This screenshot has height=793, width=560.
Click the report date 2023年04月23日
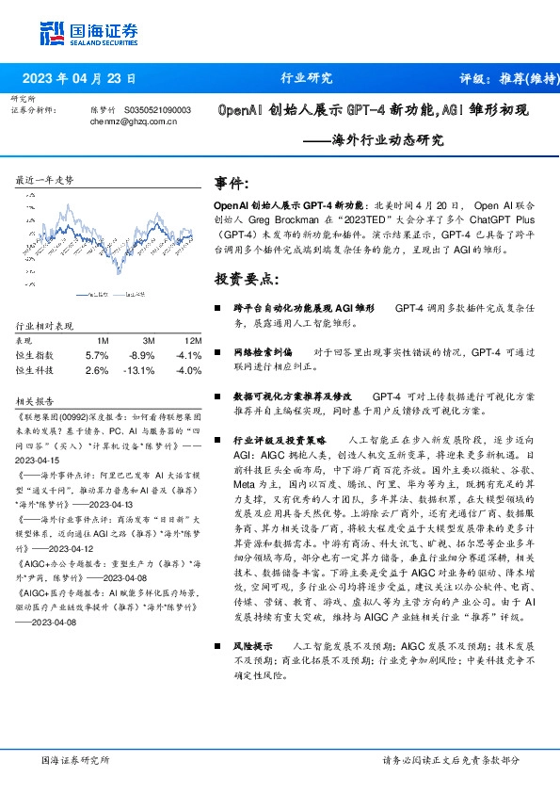[x=79, y=78]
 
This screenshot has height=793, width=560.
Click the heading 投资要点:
[x=248, y=280]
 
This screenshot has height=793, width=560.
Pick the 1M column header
[x=103, y=340]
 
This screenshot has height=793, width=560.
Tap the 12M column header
[x=193, y=340]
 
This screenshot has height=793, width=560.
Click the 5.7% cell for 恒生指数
[x=97, y=355]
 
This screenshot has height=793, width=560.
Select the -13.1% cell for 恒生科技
[x=142, y=370]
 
